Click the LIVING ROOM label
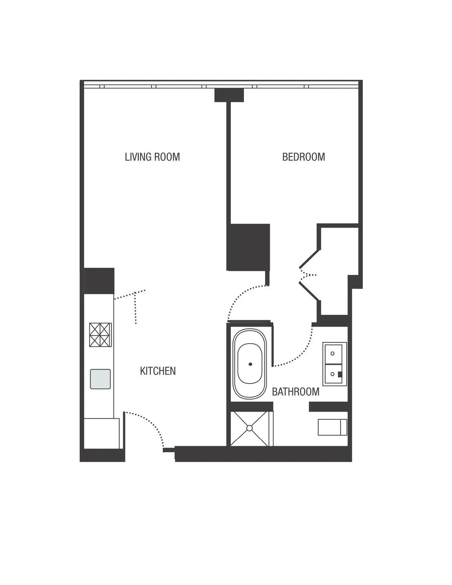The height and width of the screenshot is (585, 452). click(x=152, y=157)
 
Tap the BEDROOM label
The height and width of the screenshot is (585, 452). click(x=303, y=157)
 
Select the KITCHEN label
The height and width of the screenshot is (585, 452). click(x=158, y=371)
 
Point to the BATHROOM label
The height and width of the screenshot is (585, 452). click(x=296, y=392)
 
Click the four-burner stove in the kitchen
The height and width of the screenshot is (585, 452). click(x=100, y=335)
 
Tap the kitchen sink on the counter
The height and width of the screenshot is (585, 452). click(x=100, y=379)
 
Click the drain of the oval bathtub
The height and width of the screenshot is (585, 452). click(x=250, y=364)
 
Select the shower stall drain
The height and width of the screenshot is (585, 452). click(x=250, y=428)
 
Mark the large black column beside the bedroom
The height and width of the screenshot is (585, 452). click(x=248, y=247)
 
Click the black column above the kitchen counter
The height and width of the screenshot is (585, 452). click(x=99, y=281)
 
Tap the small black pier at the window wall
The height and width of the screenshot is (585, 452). click(x=229, y=95)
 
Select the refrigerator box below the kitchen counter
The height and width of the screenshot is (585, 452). click(x=101, y=433)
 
